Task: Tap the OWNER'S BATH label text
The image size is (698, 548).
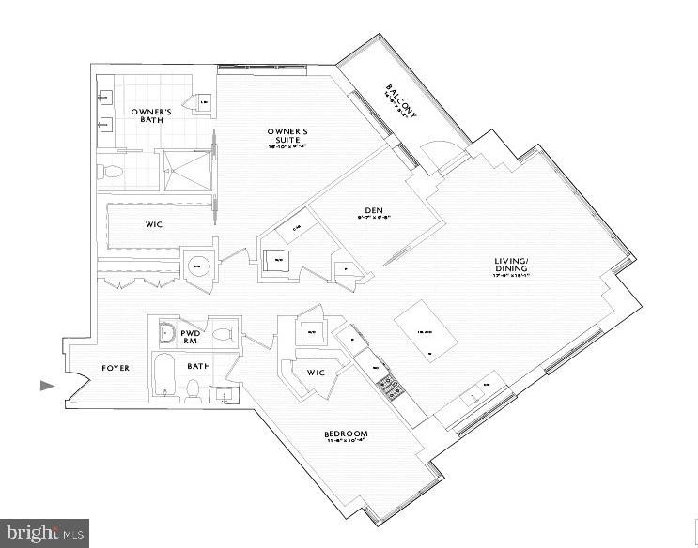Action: pyautogui.click(x=150, y=116)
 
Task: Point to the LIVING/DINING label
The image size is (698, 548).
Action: pyautogui.click(x=517, y=266)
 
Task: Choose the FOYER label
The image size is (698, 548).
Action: pyautogui.click(x=116, y=368)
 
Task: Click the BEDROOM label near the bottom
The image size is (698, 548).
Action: pyautogui.click(x=345, y=434)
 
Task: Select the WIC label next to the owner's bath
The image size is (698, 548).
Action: pyautogui.click(x=156, y=225)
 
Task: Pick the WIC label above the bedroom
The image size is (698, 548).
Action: pyautogui.click(x=317, y=373)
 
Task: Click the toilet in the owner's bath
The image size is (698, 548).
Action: pyautogui.click(x=110, y=172)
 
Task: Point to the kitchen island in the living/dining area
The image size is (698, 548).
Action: pyautogui.click(x=425, y=334)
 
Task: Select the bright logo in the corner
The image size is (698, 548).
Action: pyautogui.click(x=44, y=532)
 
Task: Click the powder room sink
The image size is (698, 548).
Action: pyautogui.click(x=165, y=332)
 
